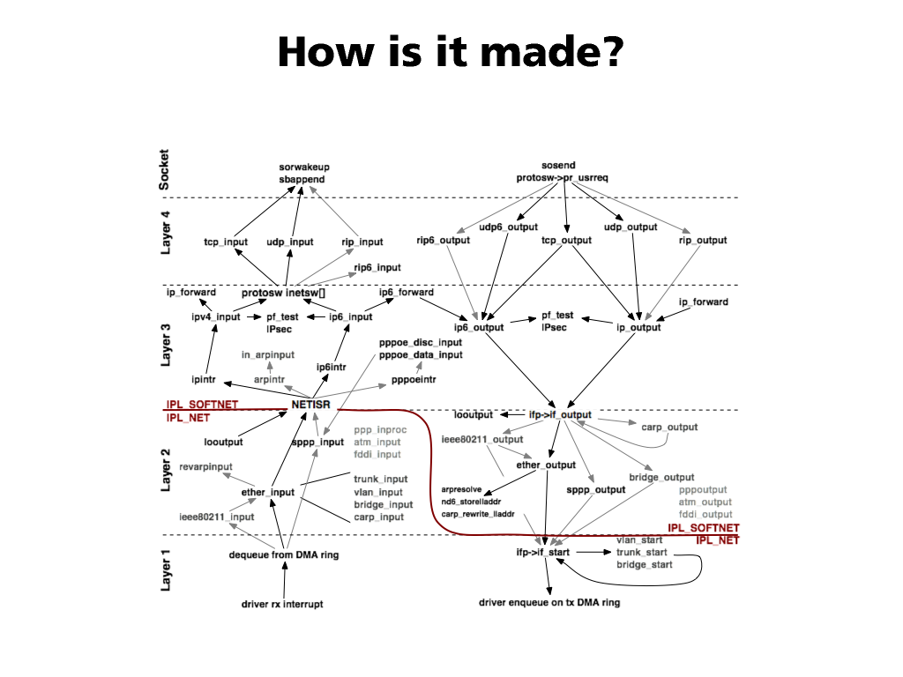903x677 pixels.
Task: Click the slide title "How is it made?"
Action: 451,52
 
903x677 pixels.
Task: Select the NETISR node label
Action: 310,405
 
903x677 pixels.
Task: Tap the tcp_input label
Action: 226,242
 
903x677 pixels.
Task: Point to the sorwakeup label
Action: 304,167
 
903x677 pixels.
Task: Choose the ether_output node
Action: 546,465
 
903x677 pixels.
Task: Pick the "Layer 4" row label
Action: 166,232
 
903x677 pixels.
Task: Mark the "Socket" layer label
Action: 165,168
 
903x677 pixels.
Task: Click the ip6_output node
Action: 479,327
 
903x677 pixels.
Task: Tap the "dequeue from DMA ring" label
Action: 284,554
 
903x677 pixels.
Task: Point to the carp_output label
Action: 669,428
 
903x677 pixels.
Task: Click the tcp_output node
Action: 566,240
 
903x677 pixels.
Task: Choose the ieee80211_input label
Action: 217,517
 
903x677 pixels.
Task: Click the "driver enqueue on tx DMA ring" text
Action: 549,603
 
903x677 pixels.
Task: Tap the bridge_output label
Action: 661,477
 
